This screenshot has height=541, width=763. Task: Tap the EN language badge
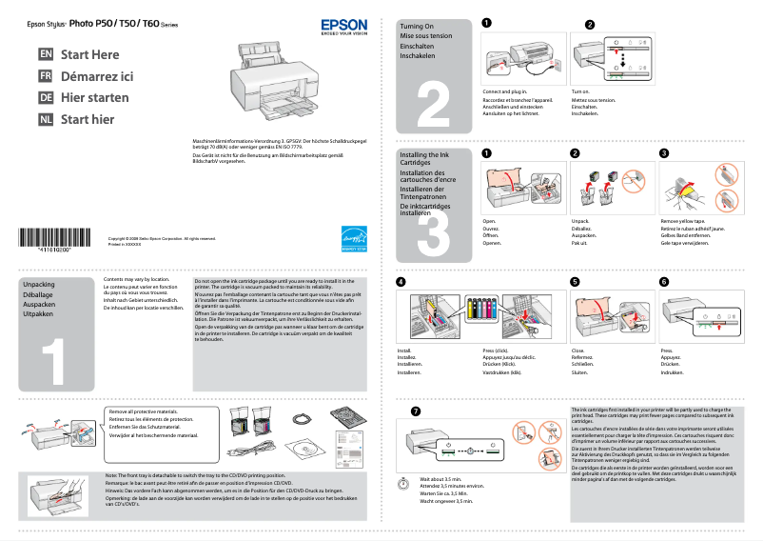pyautogui.click(x=45, y=55)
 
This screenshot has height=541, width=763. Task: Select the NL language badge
pyautogui.click(x=45, y=119)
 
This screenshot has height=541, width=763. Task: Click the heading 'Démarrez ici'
pyautogui.click(x=97, y=76)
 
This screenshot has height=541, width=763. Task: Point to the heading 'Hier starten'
pyautogui.click(x=94, y=98)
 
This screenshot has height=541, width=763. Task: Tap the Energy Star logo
pyautogui.click(x=353, y=236)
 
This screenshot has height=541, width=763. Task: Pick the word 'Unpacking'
pyautogui.click(x=39, y=285)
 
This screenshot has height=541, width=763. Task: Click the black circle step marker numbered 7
pyautogui.click(x=414, y=411)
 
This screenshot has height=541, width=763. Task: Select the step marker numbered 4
pyautogui.click(x=401, y=282)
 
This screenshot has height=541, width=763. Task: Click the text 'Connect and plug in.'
pyautogui.click(x=504, y=91)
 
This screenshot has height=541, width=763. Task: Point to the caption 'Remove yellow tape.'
pyautogui.click(x=683, y=221)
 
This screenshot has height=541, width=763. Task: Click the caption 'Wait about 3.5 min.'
pyautogui.click(x=440, y=479)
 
